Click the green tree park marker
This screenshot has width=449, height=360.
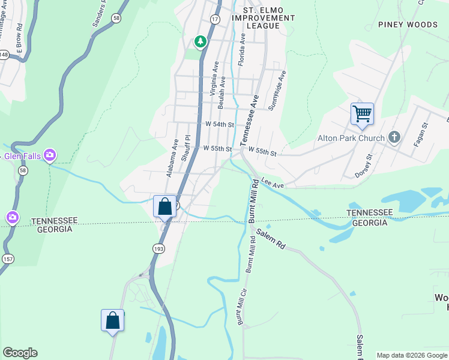coord(200,41)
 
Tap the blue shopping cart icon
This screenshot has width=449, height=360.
coord(362,113)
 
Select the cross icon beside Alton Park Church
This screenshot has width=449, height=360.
coord(394,138)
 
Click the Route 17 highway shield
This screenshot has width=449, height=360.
coord(214,19)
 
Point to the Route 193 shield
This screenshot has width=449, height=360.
coord(158,248)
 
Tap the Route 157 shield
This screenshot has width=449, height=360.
coord(8,258)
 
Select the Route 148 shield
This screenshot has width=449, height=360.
coord(4,55)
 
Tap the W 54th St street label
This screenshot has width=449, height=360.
coord(218,124)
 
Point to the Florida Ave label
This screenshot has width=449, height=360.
coord(243,49)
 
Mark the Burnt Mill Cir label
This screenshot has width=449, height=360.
coord(241,309)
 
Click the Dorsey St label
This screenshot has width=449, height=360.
coord(364,166)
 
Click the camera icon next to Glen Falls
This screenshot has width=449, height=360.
coord(50,155)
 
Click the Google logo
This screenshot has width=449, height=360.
coord(20,353)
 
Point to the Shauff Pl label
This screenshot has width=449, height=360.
coord(186,148)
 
